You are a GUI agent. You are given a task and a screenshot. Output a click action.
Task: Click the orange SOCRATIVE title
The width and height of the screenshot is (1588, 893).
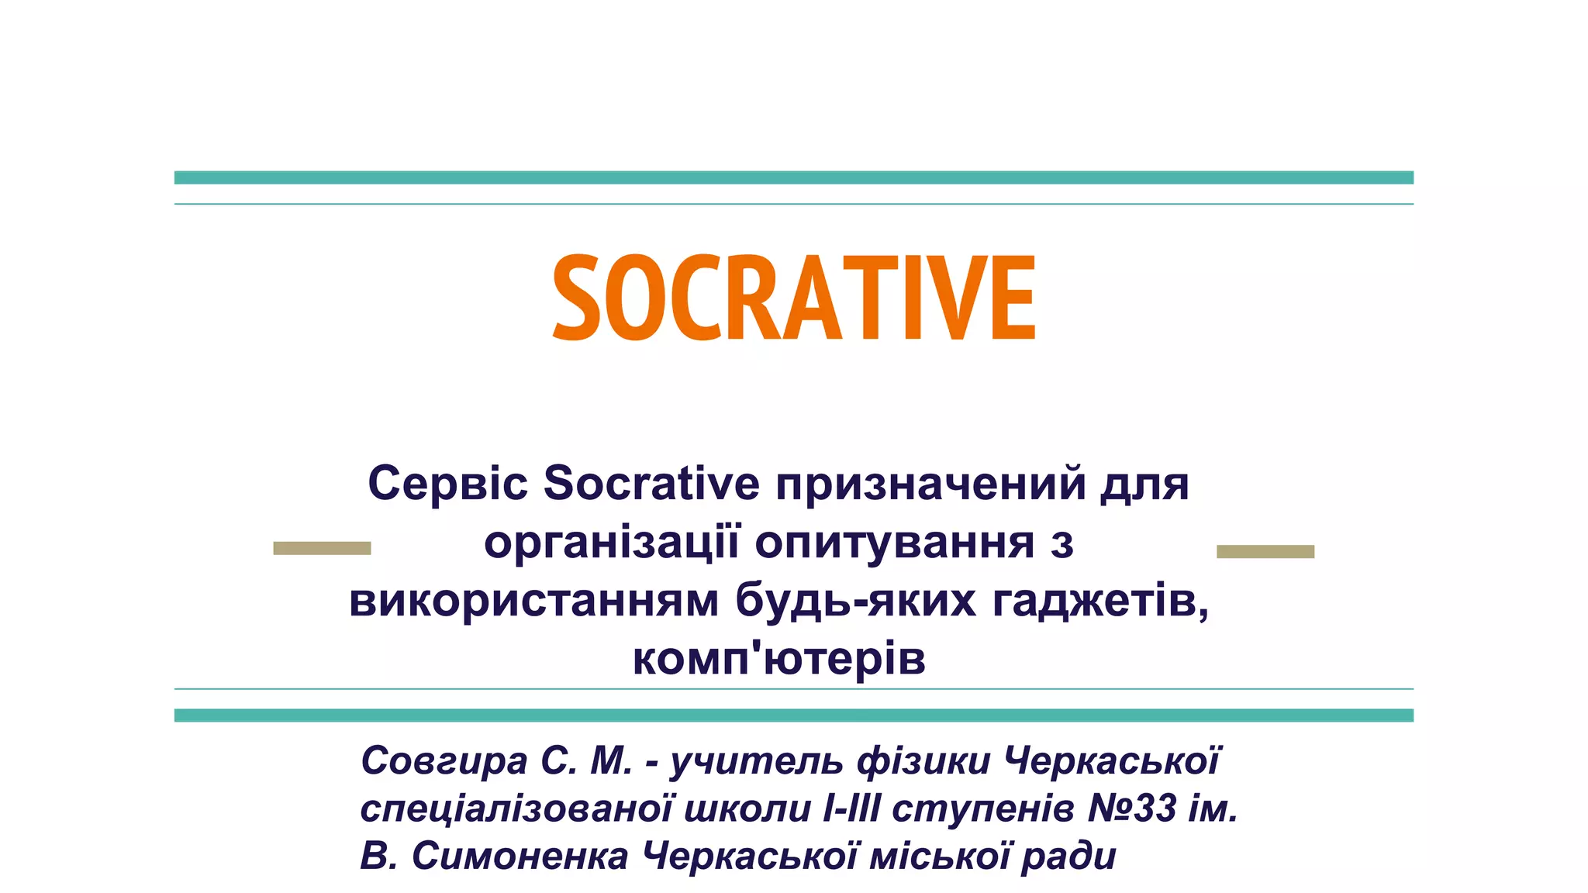[x=794, y=298]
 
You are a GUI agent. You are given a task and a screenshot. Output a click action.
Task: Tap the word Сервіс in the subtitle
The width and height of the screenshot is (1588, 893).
[x=447, y=483]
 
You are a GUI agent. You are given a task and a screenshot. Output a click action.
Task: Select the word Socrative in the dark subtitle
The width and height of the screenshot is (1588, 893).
[x=651, y=483]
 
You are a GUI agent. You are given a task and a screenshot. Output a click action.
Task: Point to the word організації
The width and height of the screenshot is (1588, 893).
[x=612, y=542]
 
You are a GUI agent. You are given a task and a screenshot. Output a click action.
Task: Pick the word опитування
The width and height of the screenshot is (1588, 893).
[x=894, y=542]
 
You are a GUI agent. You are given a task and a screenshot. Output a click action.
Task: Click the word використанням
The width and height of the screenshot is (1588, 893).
[x=533, y=601]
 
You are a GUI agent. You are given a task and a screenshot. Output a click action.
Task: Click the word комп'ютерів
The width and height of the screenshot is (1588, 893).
[x=779, y=660]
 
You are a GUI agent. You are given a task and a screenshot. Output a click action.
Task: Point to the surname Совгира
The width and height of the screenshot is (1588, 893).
[x=444, y=761]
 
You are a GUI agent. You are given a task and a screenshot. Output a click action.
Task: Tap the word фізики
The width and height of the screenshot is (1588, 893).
[x=923, y=761]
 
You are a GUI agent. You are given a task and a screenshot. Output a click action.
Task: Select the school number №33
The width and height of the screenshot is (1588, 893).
[x=1133, y=809]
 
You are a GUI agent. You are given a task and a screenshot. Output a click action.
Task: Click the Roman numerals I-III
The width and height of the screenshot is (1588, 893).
[x=851, y=809]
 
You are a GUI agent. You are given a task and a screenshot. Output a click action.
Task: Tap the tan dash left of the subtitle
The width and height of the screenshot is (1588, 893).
[x=322, y=548]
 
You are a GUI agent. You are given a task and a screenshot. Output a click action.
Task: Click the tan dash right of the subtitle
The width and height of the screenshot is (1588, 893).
[x=1265, y=551]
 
